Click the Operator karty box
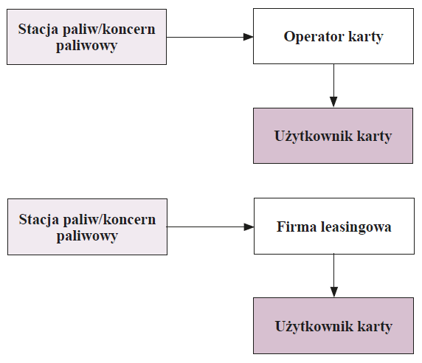[333, 36]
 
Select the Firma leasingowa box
[334, 226]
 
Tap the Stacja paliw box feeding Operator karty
[86, 37]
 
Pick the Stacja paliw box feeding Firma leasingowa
[87, 227]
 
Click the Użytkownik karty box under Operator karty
[333, 136]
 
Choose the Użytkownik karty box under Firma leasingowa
[333, 325]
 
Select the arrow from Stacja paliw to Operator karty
[210, 37]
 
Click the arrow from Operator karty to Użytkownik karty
[333, 86]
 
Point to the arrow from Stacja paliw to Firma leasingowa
[210, 227]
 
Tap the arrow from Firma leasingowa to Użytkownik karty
[334, 275]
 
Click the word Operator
[314, 37]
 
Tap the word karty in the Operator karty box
[366, 37]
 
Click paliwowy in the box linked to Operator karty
[86, 46]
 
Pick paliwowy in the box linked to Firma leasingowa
[87, 236]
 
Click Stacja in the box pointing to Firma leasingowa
[39, 220]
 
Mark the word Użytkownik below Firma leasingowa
[314, 326]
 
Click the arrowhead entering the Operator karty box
[248, 37]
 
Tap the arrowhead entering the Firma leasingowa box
[249, 227]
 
